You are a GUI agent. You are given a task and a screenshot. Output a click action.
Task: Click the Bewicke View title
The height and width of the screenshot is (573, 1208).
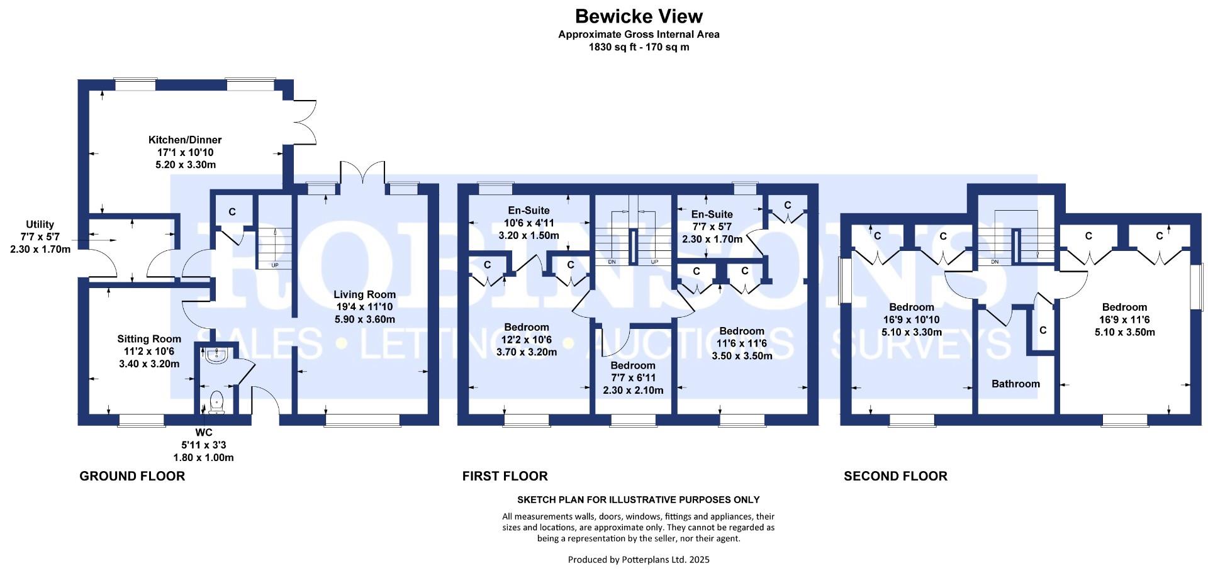[x=639, y=16]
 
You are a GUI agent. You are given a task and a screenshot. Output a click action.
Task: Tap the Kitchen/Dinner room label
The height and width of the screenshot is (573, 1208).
[x=185, y=140]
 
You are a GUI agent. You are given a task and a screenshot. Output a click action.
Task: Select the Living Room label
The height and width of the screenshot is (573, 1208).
[x=364, y=294]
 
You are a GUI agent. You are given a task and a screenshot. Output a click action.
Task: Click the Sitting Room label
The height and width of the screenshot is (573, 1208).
[x=149, y=339]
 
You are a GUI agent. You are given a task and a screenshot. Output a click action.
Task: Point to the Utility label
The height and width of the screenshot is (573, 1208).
[x=40, y=225]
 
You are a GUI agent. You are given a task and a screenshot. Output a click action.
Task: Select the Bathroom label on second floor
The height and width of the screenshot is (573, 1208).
[x=1015, y=384]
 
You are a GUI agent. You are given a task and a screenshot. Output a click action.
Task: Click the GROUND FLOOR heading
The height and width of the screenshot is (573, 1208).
[x=132, y=476]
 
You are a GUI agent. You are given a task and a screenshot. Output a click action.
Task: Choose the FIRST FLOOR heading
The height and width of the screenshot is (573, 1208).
[x=505, y=476]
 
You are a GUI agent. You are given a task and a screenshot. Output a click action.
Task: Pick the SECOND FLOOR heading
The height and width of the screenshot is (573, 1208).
[x=895, y=476]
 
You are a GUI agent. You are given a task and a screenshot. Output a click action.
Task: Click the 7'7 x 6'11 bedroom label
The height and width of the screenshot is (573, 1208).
[x=633, y=378]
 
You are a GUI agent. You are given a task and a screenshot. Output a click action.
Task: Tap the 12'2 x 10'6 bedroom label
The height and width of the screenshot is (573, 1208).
[x=527, y=340]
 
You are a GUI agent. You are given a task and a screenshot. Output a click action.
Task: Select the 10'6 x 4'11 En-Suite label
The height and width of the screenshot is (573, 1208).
[x=528, y=223]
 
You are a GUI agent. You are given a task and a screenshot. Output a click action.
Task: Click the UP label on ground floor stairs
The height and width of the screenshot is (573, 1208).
[x=275, y=265]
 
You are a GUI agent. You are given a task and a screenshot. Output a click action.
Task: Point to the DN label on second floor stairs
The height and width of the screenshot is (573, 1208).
[x=995, y=262]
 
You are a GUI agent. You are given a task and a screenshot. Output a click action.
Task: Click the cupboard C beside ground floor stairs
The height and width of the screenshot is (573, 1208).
[x=232, y=212]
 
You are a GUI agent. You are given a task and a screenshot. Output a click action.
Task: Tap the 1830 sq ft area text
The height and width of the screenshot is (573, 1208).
[x=639, y=47]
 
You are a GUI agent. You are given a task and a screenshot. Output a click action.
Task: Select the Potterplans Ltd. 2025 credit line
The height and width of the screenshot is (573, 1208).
[x=639, y=559]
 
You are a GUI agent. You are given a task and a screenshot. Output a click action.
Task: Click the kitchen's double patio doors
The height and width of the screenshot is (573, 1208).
[x=305, y=122]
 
